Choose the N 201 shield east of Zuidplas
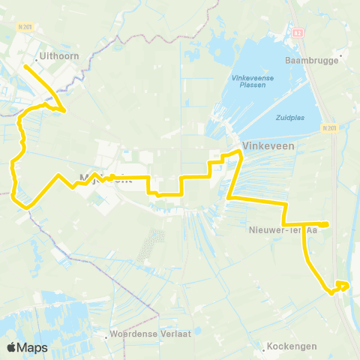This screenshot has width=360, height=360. [x=328, y=128]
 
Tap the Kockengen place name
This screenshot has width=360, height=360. [x=296, y=346]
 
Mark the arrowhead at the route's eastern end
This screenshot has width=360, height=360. [x=345, y=284]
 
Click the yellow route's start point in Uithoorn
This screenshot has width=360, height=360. [x=25, y=65]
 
